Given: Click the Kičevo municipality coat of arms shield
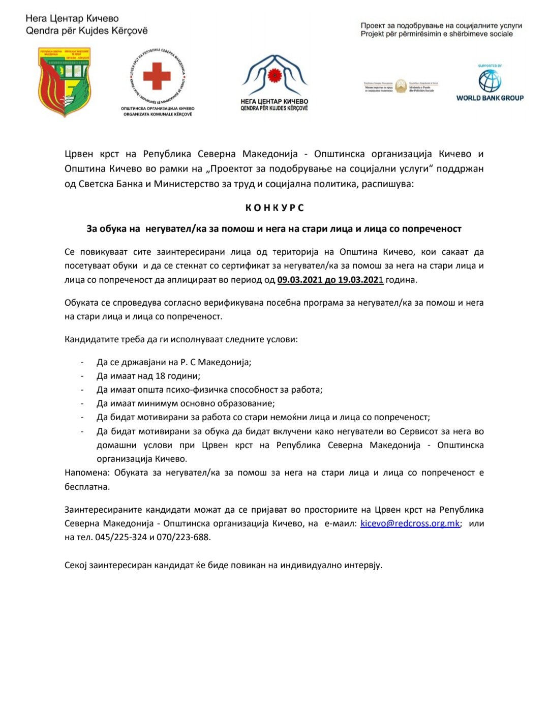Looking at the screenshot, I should (x=65, y=81).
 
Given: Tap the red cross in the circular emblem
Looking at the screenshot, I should (x=157, y=76).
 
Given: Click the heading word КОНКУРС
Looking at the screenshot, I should (x=274, y=208).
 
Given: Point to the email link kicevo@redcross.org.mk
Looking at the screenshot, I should (x=410, y=523).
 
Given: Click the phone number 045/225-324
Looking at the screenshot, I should (x=121, y=537).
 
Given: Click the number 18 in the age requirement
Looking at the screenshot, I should (x=160, y=376).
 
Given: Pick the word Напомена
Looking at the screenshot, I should (x=86, y=473).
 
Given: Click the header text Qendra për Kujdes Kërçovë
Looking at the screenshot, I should (x=87, y=31).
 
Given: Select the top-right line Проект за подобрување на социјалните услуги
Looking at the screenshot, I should (x=441, y=25).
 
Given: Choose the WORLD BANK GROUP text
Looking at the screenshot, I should (x=490, y=98).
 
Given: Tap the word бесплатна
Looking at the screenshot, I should (x=87, y=487).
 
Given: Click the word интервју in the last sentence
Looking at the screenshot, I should (x=362, y=565).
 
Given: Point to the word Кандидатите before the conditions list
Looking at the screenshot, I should (x=91, y=339).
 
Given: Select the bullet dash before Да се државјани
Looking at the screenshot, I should (x=82, y=362).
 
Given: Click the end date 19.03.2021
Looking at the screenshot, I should (x=360, y=279).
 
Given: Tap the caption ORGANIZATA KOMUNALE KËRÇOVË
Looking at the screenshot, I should (x=158, y=114).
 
